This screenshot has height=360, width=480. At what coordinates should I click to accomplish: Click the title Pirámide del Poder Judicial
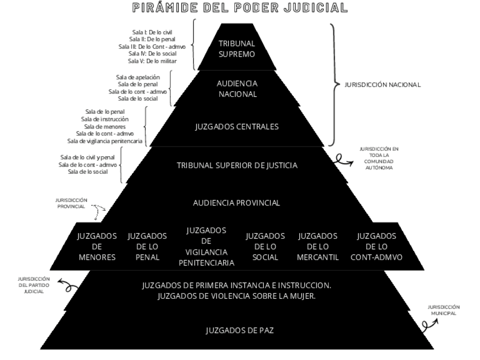pos(239,8)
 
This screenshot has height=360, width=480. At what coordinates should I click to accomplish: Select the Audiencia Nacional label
pos(237,88)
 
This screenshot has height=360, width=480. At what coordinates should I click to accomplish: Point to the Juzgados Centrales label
pos(237,126)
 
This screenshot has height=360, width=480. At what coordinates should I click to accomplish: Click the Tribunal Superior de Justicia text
pos(237,166)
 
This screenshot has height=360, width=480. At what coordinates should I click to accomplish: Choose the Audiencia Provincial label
pos(237,203)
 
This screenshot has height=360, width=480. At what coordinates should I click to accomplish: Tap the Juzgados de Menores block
pos(96,246)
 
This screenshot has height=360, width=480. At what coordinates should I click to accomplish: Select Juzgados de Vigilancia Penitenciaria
pos(206,246)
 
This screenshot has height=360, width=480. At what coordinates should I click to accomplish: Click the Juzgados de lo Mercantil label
pos(318,246)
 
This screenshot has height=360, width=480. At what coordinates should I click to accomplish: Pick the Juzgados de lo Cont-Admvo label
pos(376,246)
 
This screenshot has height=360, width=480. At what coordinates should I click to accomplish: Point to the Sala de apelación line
pos(138,76)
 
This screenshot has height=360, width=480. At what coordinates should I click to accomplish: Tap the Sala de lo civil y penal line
pos(88,157)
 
